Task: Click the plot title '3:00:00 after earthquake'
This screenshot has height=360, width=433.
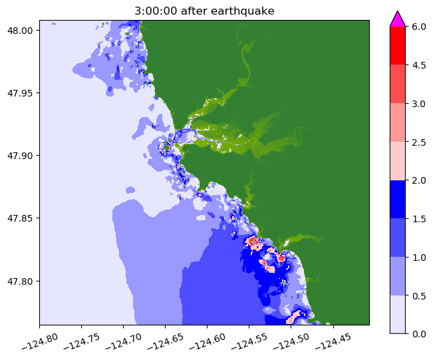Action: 204,11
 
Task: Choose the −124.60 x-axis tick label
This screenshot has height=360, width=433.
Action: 206,341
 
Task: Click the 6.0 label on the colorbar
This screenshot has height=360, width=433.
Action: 419,27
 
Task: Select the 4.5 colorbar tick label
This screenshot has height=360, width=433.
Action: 419,65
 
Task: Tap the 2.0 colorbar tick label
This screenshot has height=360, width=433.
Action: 419,180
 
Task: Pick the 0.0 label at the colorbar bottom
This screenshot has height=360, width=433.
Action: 419,333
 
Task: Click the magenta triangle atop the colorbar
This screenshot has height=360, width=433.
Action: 397,19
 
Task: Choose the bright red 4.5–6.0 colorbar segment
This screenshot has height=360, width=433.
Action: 397,45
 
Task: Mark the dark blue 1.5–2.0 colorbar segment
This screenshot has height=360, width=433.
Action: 397,199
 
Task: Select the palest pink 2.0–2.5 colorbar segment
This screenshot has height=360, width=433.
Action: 397,160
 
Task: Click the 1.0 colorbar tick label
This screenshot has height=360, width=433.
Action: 419,257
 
